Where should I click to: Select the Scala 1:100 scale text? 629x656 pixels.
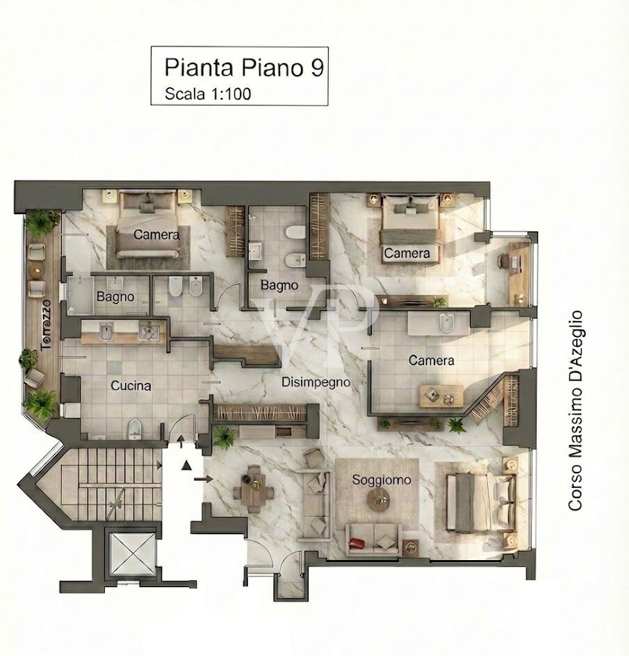[208, 95]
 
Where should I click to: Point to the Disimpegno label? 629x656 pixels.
[315, 382]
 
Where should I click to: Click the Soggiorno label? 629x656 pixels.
[381, 479]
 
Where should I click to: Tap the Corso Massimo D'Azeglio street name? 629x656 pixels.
[575, 411]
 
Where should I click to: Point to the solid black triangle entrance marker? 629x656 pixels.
[186, 466]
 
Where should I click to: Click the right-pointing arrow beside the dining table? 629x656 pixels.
[202, 478]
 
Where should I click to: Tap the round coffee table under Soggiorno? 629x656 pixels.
[379, 498]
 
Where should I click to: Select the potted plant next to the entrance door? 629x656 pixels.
[224, 436]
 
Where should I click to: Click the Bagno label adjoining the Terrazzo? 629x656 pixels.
[115, 297]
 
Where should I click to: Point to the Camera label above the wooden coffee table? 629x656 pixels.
[431, 361]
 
